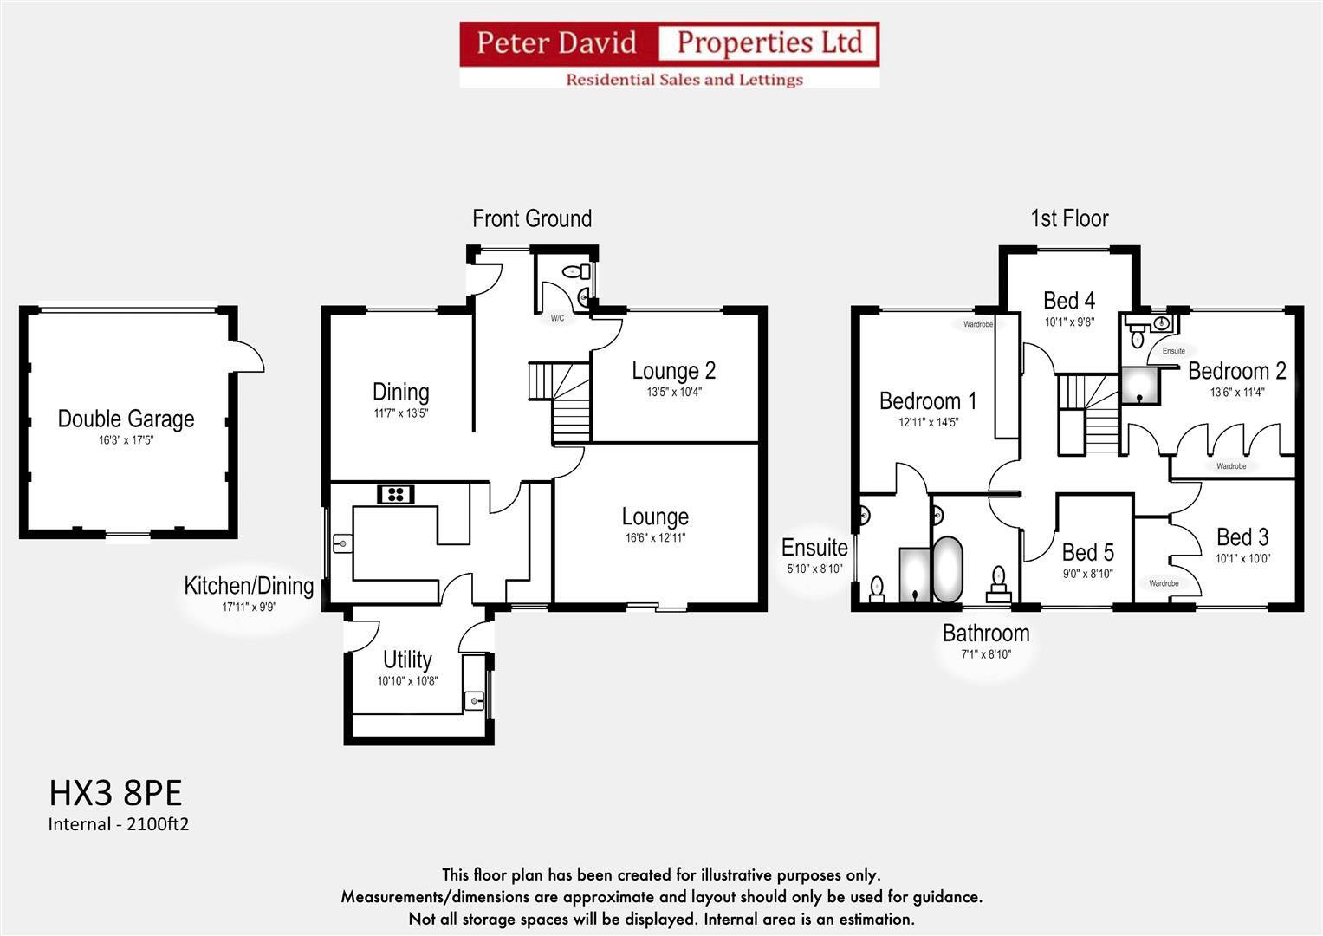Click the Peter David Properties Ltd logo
pyautogui.click(x=669, y=54)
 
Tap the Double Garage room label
pyautogui.click(x=126, y=419)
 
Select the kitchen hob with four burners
pyautogui.click(x=396, y=494)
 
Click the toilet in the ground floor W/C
pyautogui.click(x=572, y=272)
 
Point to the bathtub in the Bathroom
pyautogui.click(x=947, y=569)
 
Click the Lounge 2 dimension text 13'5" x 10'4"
pyautogui.click(x=673, y=392)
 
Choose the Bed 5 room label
pyautogui.click(x=1087, y=552)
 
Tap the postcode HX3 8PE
pyautogui.click(x=115, y=793)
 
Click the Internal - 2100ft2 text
pyautogui.click(x=118, y=824)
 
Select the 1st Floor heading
pyautogui.click(x=1069, y=218)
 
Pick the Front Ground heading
pyautogui.click(x=531, y=218)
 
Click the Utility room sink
pyautogui.click(x=473, y=699)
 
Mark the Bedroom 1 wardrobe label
pyautogui.click(x=977, y=324)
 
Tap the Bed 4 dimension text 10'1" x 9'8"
pyautogui.click(x=1069, y=322)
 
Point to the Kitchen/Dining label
pyautogui.click(x=249, y=586)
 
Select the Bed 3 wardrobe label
pyautogui.click(x=1164, y=583)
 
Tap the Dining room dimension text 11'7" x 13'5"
pyautogui.click(x=400, y=413)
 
